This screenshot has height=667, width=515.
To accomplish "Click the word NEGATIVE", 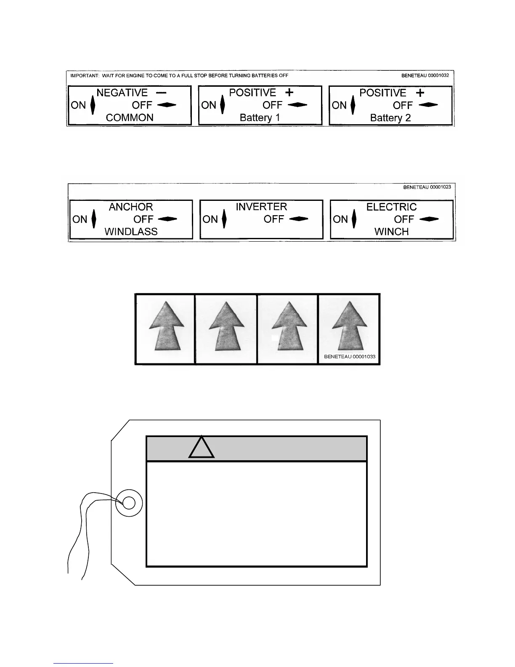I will point(122,93).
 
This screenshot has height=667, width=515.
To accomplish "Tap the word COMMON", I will point(130,117).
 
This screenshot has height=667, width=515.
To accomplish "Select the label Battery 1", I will point(260,117).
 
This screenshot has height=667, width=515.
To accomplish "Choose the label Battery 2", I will point(390,118).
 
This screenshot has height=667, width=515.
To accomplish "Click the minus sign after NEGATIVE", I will point(161,92).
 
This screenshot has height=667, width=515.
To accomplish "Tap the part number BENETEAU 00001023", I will point(427,187).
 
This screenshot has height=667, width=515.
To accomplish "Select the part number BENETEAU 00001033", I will point(350,357).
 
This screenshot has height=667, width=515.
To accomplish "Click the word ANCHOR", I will point(131,207).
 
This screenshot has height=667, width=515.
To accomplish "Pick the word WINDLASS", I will point(131,232).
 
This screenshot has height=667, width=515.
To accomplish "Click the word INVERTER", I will point(261,207).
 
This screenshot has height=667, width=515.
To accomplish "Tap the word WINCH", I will point(391,232).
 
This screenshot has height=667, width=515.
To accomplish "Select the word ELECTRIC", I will point(391,207).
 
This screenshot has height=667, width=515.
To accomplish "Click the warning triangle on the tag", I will point(202,448).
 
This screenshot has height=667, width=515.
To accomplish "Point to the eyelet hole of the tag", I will point(129,503).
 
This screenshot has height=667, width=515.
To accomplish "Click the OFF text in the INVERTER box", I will point(273,219).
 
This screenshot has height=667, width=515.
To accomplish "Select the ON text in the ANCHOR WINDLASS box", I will point(80,219).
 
